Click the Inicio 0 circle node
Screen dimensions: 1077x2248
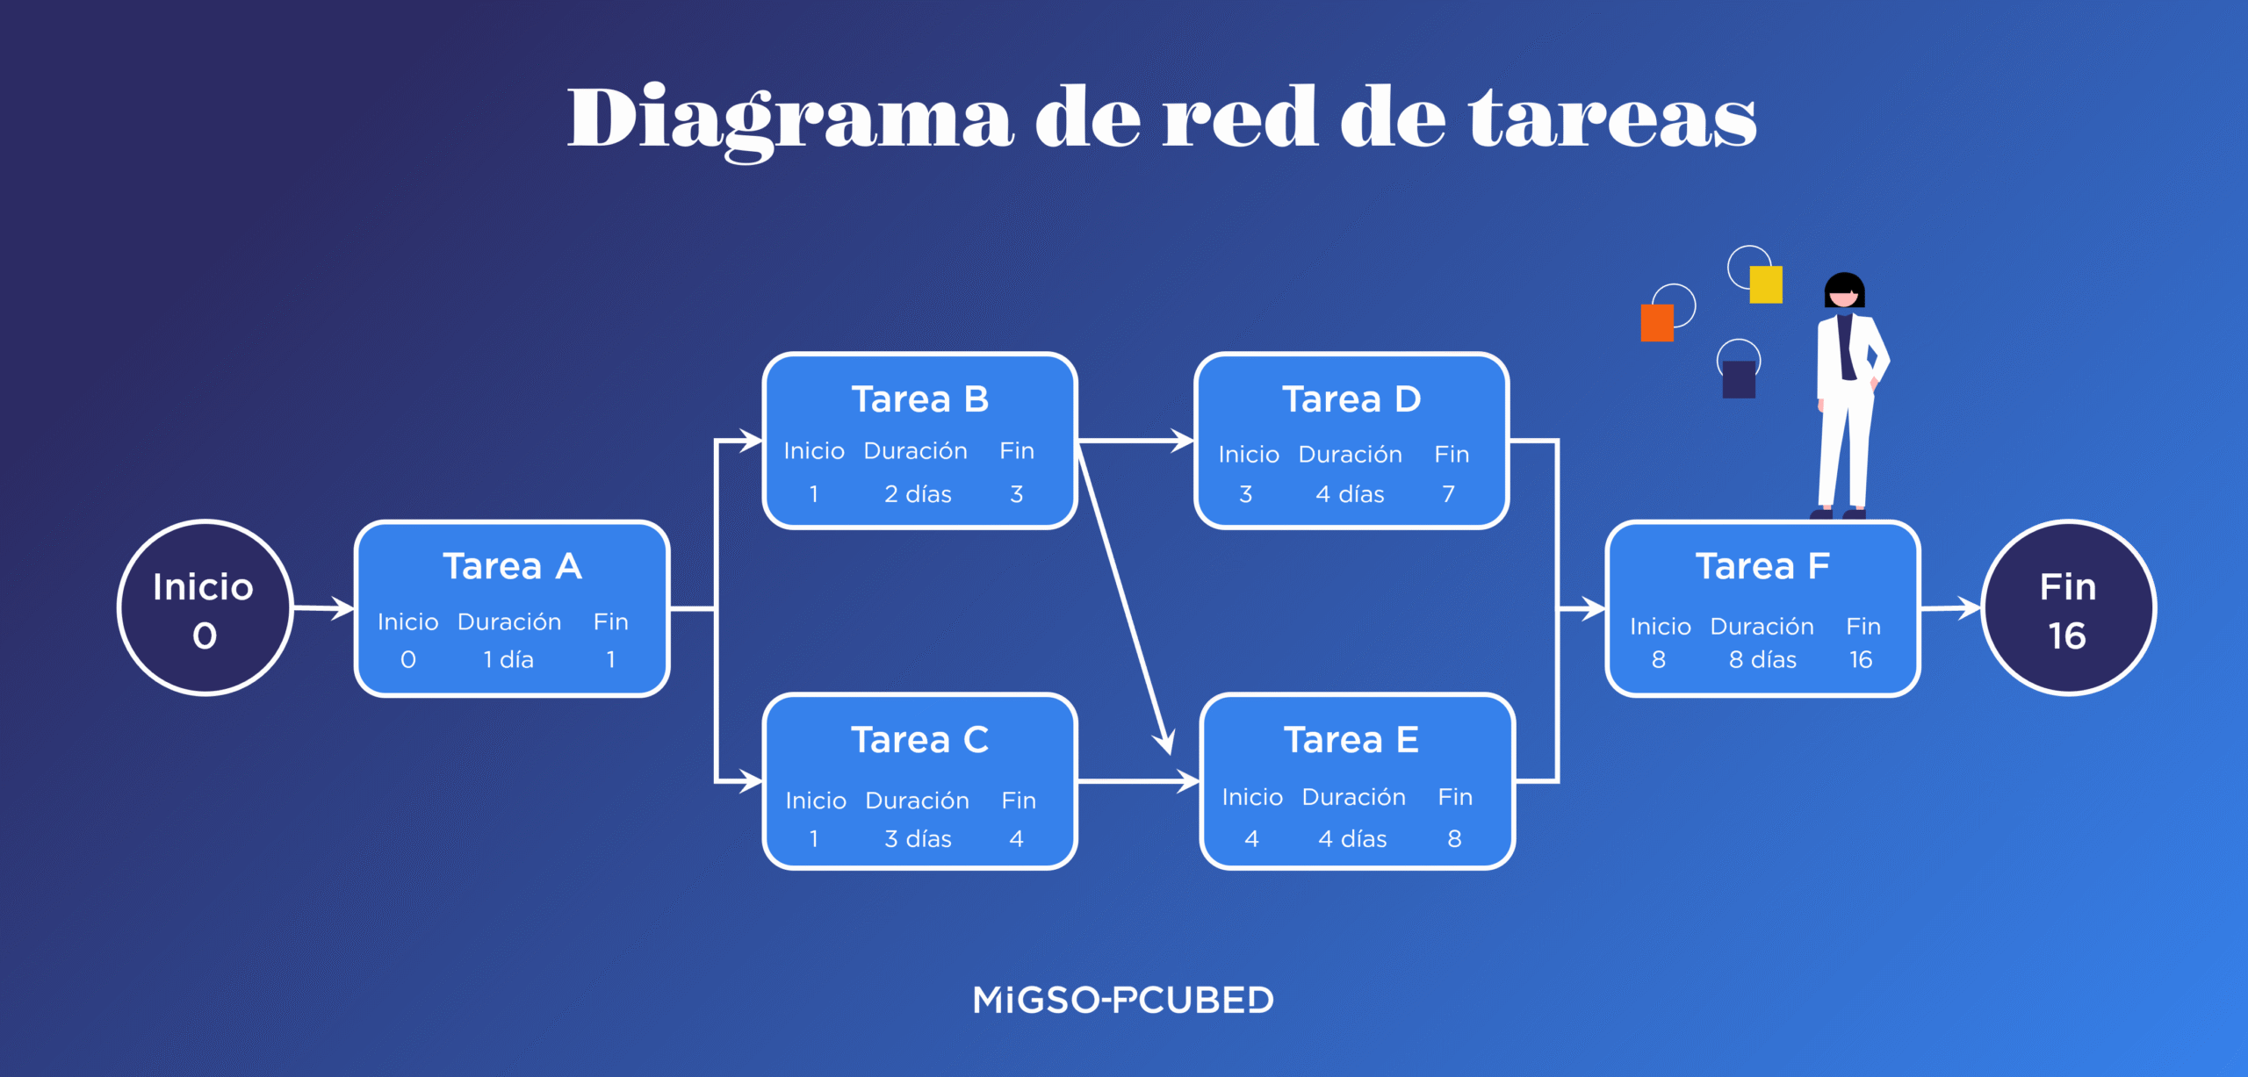[x=205, y=607]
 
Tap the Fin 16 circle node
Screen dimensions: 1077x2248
[x=2067, y=607]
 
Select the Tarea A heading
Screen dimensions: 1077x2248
[x=512, y=566]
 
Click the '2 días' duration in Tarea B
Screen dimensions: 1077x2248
[x=918, y=494]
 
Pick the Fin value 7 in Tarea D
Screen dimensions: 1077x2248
[x=1448, y=494]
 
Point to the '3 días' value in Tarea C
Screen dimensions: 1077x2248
[x=918, y=839]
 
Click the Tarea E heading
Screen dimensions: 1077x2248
[x=1351, y=740]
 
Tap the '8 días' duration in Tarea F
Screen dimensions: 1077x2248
[x=1762, y=659]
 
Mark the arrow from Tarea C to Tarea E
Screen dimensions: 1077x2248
[x=1137, y=780]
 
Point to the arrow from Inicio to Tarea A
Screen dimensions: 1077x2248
[x=323, y=607]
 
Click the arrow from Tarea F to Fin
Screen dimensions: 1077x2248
[x=1950, y=607]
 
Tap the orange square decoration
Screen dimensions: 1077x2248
[x=1657, y=323]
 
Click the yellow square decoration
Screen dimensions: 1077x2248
[x=1765, y=284]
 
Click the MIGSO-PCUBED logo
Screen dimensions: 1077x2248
[x=1123, y=1000]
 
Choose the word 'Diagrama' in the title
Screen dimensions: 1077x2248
[x=790, y=118]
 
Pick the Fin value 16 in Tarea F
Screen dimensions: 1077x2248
[x=1861, y=659]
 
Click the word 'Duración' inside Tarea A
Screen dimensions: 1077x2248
[x=509, y=621]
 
